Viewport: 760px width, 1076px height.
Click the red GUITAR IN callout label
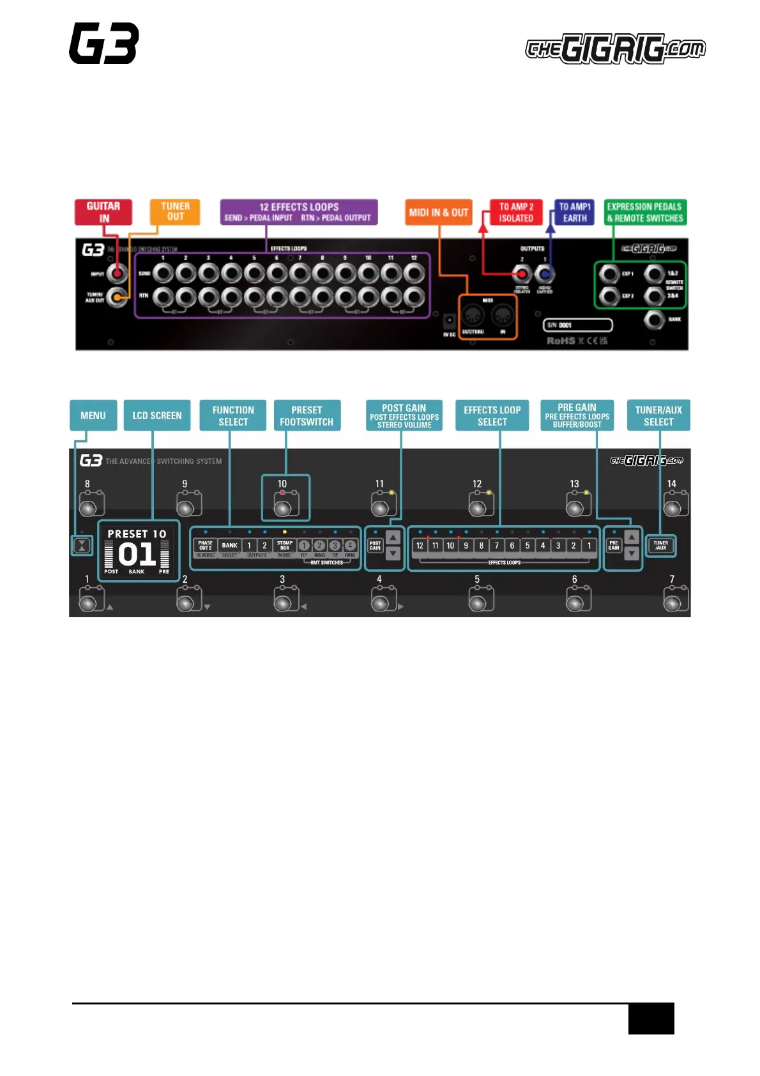(103, 212)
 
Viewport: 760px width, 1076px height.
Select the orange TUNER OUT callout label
(175, 211)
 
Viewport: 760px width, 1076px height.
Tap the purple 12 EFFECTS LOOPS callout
(299, 212)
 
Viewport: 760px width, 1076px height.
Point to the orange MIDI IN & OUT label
(439, 212)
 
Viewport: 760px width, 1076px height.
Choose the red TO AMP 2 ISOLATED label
(516, 212)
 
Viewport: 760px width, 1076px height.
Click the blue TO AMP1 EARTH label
(574, 212)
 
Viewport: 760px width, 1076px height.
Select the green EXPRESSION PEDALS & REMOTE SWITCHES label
(645, 212)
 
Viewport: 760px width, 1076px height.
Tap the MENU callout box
(93, 415)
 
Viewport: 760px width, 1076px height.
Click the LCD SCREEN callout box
(157, 415)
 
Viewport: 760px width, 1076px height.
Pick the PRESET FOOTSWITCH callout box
(307, 415)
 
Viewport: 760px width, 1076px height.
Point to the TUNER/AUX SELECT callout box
(658, 415)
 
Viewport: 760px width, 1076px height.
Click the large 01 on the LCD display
(137, 554)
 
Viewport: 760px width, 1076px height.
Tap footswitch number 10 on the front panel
(284, 507)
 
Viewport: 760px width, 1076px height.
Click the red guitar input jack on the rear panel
(117, 274)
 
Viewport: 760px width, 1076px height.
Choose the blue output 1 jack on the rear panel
(544, 274)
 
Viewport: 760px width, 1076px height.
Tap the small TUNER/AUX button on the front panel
(660, 546)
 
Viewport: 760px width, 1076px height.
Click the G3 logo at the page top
(104, 43)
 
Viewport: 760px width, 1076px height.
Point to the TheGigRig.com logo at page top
(615, 49)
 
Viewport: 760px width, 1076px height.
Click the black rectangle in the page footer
(651, 1018)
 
